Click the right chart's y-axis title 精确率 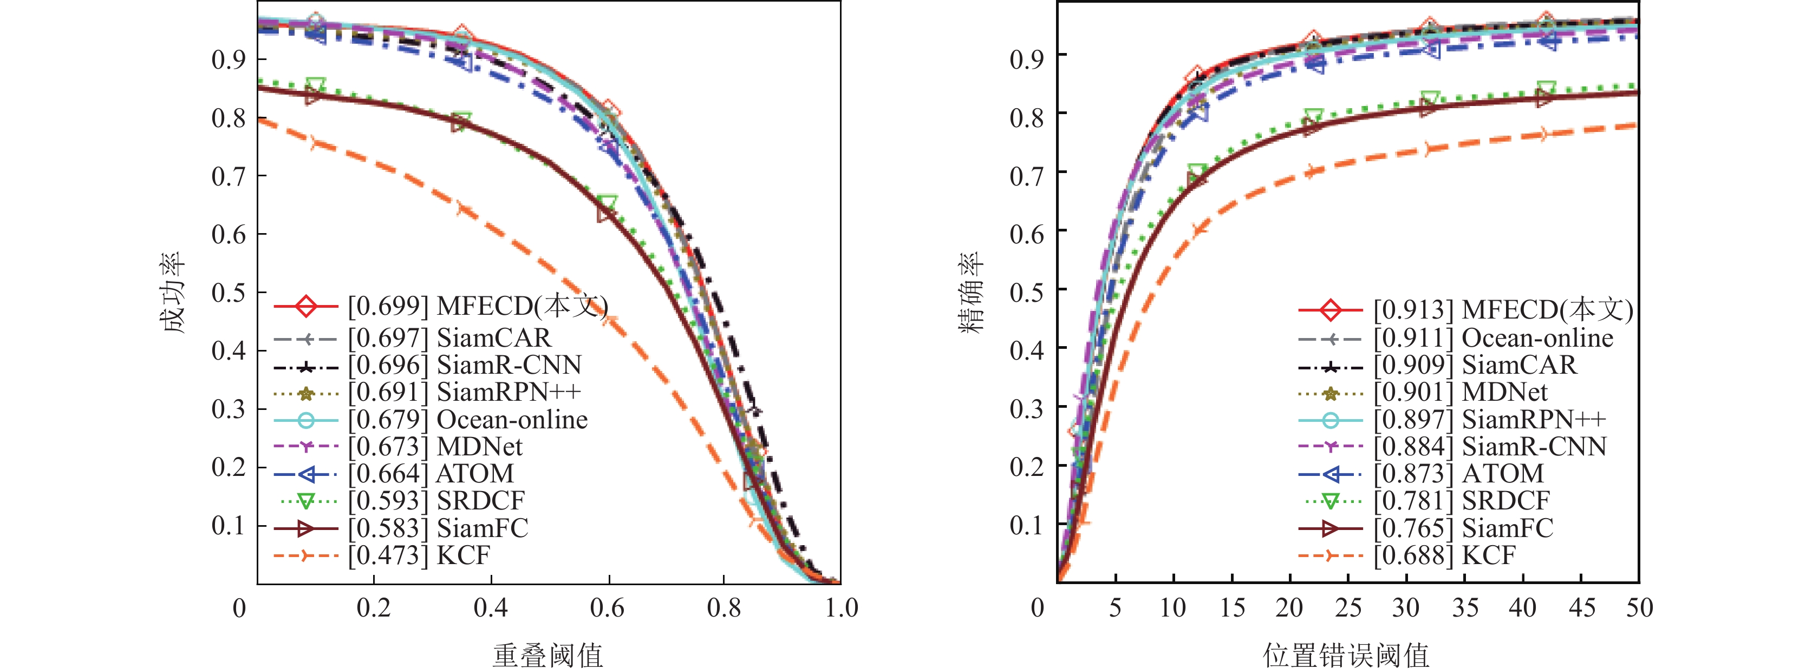[x=972, y=293]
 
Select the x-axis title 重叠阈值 [x=548, y=655]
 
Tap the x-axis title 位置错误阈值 [x=1346, y=655]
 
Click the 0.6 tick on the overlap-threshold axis [x=607, y=608]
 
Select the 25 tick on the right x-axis [x=1348, y=608]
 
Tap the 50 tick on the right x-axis [x=1639, y=608]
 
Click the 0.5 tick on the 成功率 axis [x=229, y=293]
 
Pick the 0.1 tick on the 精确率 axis [x=1026, y=525]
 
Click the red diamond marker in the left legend [x=306, y=307]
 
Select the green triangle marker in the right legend [x=1330, y=501]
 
